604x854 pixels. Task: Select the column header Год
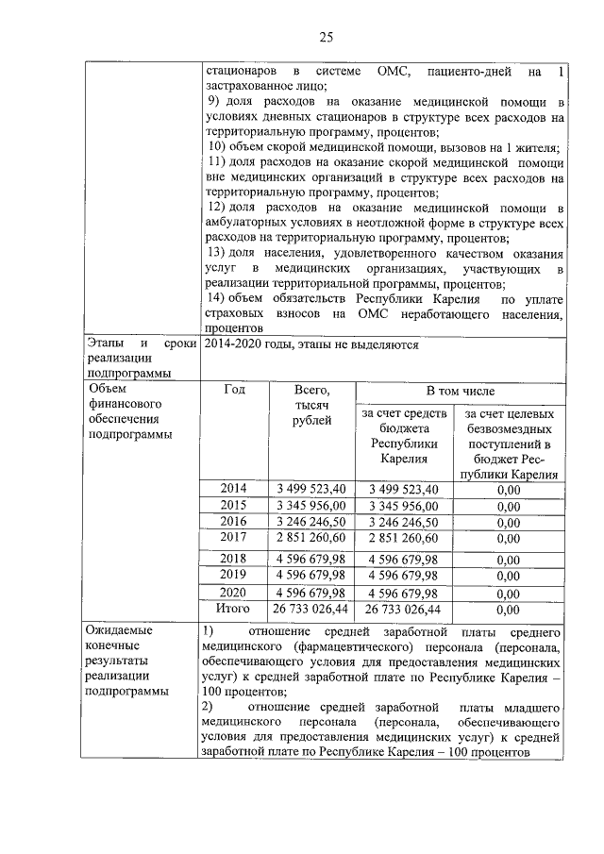click(x=233, y=389)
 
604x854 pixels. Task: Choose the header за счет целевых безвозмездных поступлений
click(x=508, y=444)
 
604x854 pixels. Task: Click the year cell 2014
click(x=233, y=488)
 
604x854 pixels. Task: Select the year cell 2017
click(x=233, y=537)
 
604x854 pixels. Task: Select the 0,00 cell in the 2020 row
click(x=508, y=594)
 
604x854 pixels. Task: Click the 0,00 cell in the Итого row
click(x=508, y=611)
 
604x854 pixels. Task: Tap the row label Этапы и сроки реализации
click(x=140, y=358)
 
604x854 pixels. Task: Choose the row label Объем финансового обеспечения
click(x=130, y=411)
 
